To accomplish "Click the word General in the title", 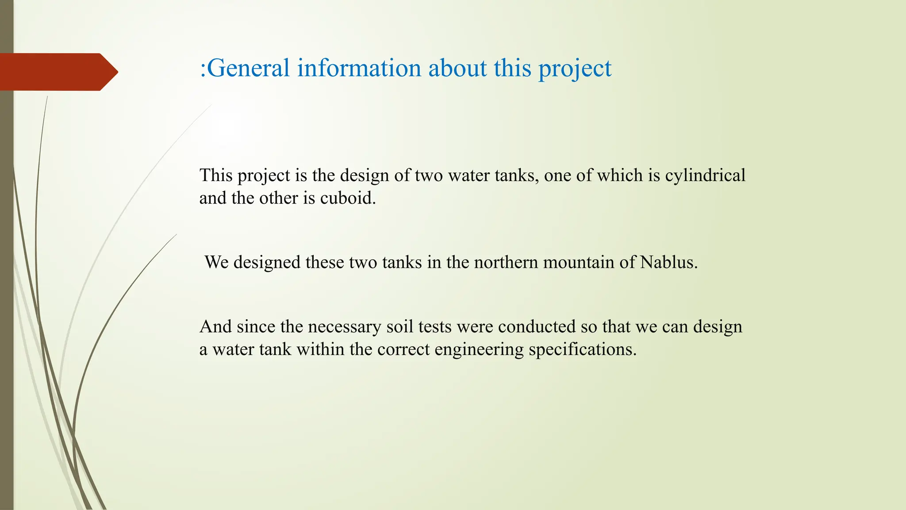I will coord(248,68).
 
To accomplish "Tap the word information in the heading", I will coord(359,68).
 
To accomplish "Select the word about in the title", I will coord(457,68).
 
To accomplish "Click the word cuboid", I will coord(348,198).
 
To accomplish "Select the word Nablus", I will coord(668,262).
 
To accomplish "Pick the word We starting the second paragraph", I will coord(216,262).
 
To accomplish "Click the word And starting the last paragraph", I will coord(215,327).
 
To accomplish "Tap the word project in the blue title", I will coord(575,69).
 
